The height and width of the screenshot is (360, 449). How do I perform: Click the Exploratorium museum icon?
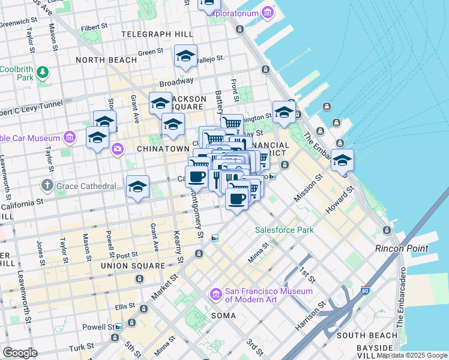214,13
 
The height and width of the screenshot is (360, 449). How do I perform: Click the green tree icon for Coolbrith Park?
42,73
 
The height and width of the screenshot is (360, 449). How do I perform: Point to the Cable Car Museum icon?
70,137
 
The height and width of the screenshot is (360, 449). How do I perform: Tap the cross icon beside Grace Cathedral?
48,186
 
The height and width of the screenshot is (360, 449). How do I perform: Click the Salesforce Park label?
284,230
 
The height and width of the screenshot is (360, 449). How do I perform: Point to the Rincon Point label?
402,248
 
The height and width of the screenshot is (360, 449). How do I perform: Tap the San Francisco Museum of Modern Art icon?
216,295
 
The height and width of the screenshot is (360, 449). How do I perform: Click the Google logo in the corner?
20,353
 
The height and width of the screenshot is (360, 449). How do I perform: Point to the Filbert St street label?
95,27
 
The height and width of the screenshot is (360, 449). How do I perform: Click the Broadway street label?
176,80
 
